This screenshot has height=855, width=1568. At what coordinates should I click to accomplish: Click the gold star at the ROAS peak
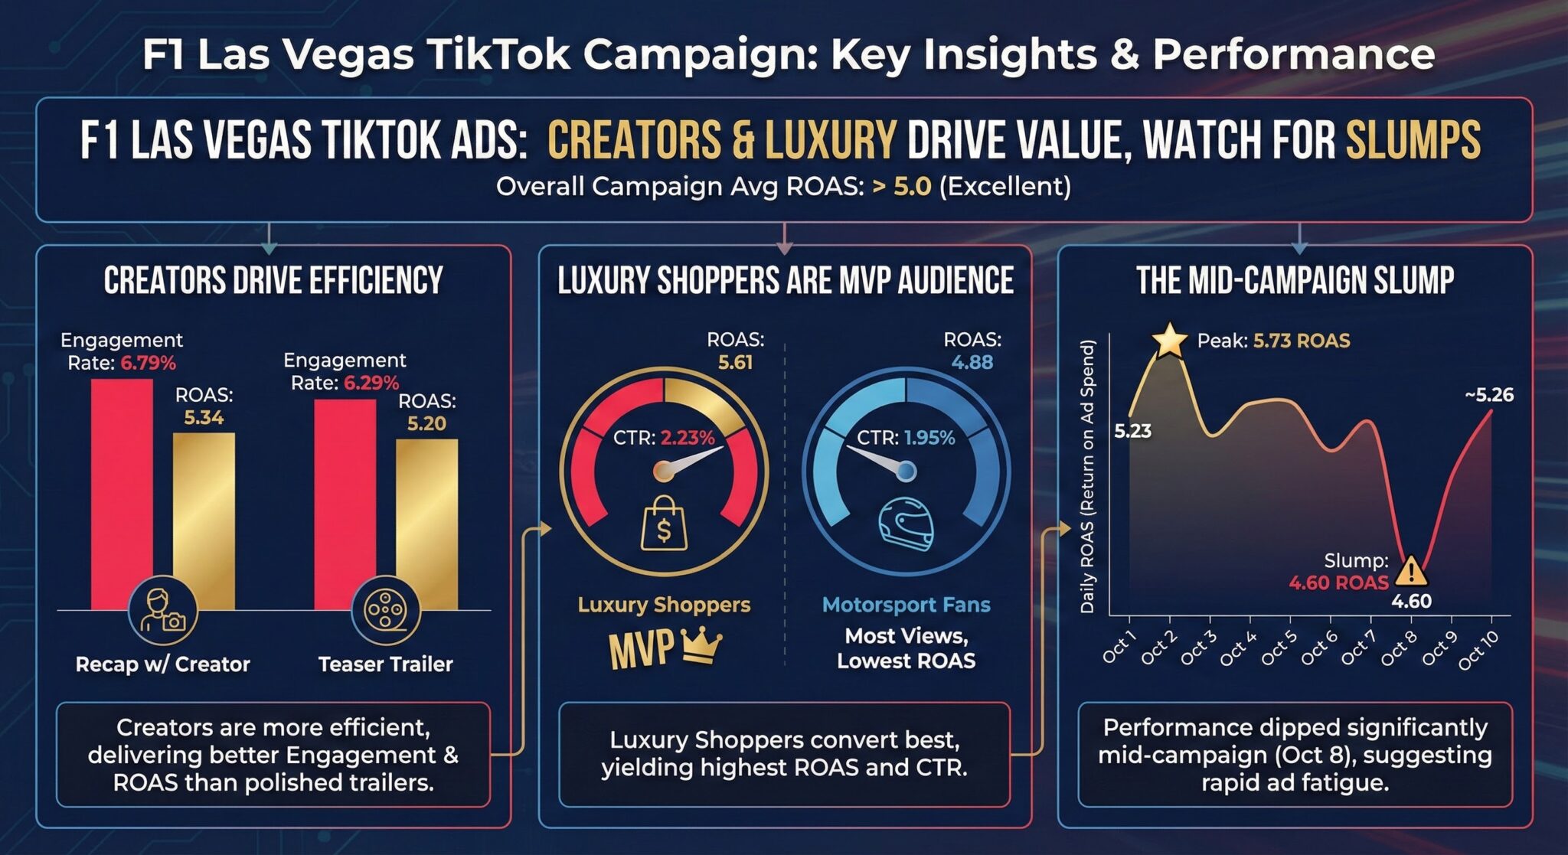pos(1169,341)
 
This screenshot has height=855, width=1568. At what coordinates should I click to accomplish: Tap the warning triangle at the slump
pos(1410,571)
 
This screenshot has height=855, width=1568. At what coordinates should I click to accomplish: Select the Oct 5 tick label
pos(1279,648)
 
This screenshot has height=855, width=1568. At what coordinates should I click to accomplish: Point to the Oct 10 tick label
pos(1478,650)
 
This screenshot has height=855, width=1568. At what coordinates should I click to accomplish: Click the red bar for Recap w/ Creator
pos(122,490)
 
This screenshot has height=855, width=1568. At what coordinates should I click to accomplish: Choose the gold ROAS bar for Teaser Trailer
pos(426,521)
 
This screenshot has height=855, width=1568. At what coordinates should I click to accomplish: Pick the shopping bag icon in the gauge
pos(663,524)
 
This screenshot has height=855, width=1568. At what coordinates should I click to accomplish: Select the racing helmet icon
pos(906,524)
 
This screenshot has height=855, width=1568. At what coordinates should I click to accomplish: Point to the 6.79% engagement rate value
pos(148,363)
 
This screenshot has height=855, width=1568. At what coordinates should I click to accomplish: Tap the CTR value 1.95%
pos(929,438)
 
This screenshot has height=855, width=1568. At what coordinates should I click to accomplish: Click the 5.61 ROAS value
pos(735,362)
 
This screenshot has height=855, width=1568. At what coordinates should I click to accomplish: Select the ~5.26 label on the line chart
pos(1489,395)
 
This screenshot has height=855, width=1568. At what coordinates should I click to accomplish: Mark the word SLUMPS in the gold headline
pos(1413,141)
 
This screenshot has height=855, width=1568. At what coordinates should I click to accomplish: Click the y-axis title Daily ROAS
pos(1087,476)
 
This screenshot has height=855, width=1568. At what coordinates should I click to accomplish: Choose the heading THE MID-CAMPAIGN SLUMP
pos(1295,280)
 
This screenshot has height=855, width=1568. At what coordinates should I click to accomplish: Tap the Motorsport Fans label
pos(906,605)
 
